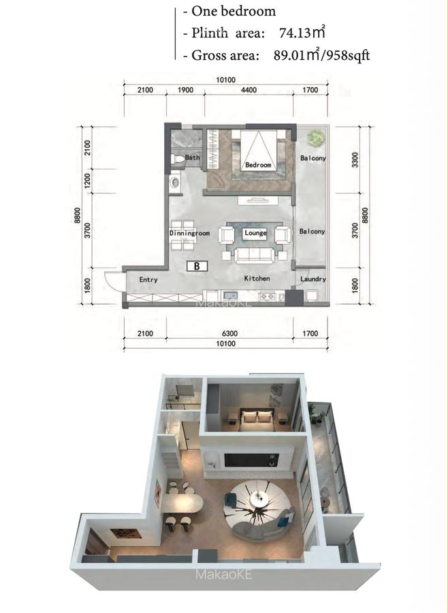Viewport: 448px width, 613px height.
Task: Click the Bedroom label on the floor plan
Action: click(258, 166)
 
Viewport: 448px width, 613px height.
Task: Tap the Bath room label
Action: click(192, 158)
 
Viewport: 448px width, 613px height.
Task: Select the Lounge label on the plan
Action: click(255, 233)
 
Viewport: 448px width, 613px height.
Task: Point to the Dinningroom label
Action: click(189, 233)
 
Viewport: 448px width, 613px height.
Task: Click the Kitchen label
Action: click(257, 279)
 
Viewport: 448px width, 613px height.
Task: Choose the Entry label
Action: click(148, 279)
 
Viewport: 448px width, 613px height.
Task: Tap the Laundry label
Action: click(313, 279)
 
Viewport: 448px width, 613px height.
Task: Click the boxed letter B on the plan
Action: click(196, 267)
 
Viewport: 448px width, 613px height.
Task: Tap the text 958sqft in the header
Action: click(348, 56)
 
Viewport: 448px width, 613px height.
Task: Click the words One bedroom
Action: click(234, 11)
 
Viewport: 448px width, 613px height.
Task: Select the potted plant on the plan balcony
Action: click(315, 138)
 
